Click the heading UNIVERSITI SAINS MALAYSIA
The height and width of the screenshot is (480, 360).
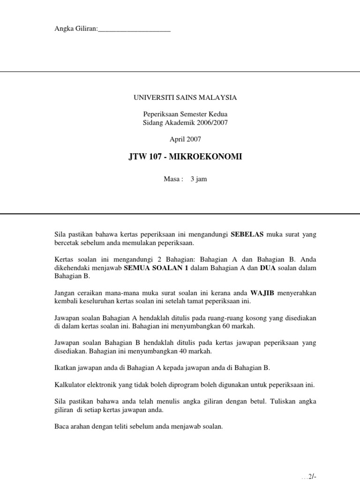tap(180, 97)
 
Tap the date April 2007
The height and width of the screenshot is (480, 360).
tap(180, 139)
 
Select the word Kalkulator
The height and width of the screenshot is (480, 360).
tap(70, 385)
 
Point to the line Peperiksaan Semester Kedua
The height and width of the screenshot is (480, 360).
tap(180, 114)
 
